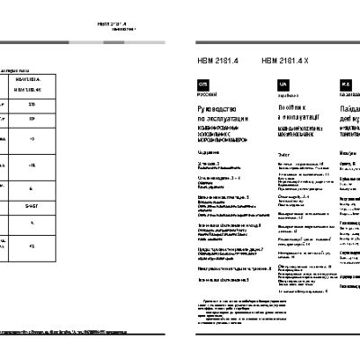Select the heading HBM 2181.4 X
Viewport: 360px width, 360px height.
[284, 61]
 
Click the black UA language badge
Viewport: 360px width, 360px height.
[283, 83]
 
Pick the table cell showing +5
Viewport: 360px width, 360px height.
[57, 139]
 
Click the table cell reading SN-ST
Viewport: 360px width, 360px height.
[57, 205]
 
